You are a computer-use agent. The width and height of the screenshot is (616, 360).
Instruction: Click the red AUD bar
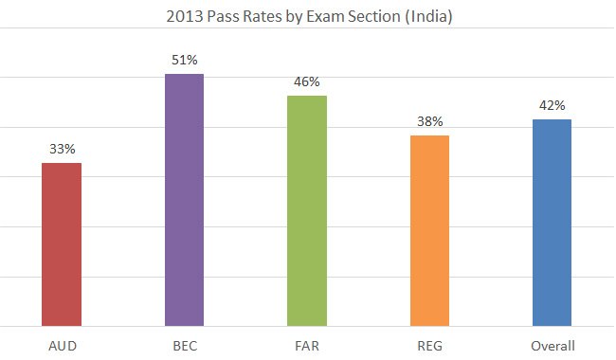point(62,244)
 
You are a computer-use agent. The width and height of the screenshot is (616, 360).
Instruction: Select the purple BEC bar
point(184,200)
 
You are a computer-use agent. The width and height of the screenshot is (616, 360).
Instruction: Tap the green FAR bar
point(307,210)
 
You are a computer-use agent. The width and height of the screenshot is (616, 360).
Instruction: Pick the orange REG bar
point(429,230)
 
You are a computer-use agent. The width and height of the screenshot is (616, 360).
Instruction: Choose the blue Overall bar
point(552,223)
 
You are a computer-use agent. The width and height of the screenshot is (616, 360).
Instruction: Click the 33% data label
point(63,149)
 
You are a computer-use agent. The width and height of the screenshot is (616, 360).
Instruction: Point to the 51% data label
point(185,60)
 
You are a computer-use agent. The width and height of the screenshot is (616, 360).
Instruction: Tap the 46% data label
point(307,81)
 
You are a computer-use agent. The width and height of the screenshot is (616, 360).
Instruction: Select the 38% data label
point(429,121)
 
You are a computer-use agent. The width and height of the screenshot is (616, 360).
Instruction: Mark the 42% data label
point(552,105)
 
